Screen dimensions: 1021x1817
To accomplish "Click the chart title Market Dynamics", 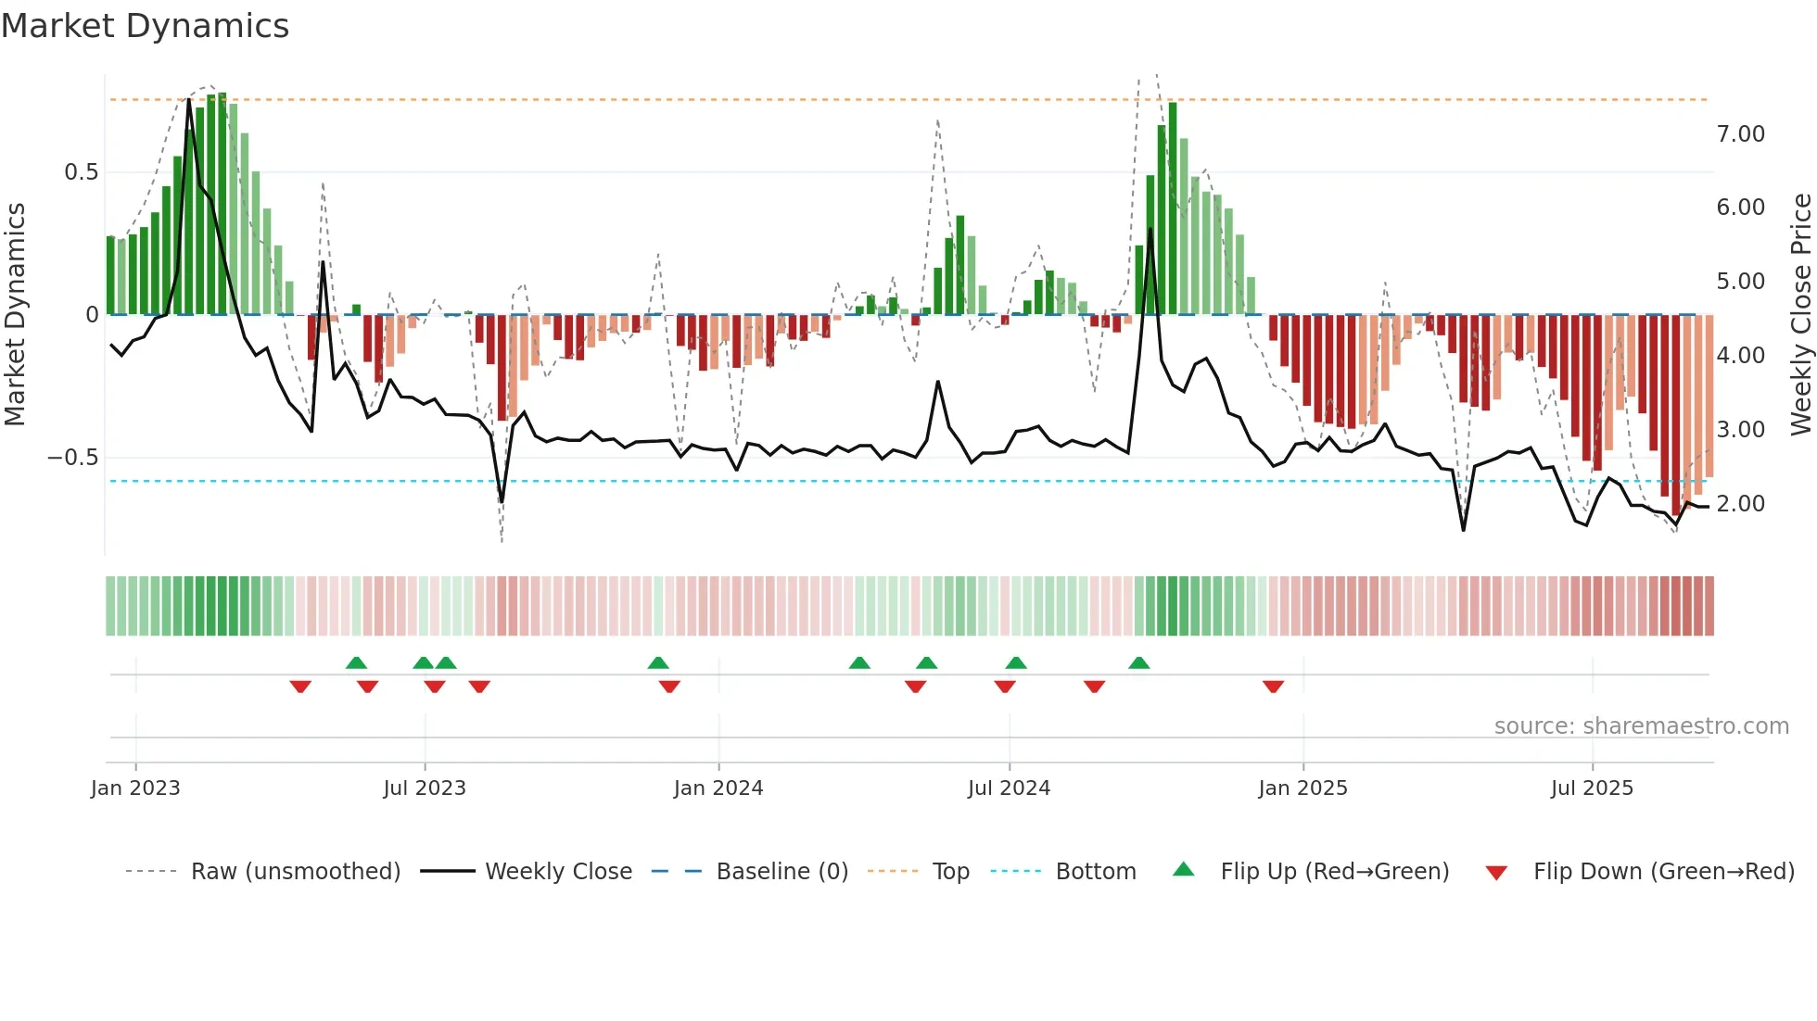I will click(145, 26).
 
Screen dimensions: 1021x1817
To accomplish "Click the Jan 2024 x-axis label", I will click(718, 788).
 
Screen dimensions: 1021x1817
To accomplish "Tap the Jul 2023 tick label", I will click(425, 788).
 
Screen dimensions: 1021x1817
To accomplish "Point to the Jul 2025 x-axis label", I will click(1592, 788).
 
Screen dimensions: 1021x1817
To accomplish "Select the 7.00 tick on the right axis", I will click(1740, 134).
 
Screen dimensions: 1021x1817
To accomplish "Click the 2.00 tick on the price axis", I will click(1740, 504).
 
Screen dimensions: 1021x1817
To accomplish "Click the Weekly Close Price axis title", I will click(1800, 315).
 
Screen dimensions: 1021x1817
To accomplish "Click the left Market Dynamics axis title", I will click(15, 315).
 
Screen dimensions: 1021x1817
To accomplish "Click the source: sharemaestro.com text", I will click(1641, 726).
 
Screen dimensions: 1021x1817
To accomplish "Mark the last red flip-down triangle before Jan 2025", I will click(1273, 686).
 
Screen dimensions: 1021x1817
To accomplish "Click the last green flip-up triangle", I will click(1139, 663).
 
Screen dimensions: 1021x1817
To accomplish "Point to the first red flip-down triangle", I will click(300, 686).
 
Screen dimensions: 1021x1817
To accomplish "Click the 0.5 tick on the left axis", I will click(81, 172).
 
